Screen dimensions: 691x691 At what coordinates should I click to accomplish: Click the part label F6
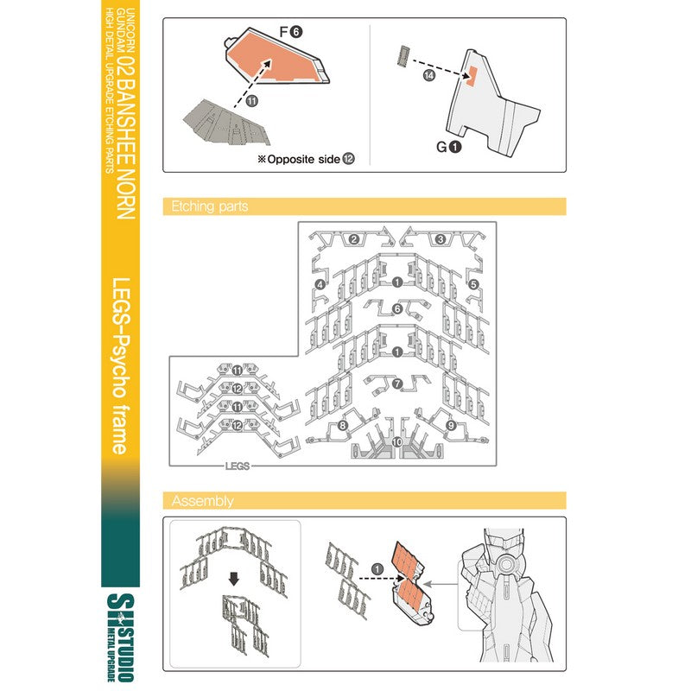tap(291, 32)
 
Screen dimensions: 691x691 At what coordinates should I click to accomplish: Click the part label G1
tap(448, 147)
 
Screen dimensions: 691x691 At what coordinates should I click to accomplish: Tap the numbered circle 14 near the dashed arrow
tap(428, 75)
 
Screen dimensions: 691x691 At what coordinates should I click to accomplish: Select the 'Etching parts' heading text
tap(209, 206)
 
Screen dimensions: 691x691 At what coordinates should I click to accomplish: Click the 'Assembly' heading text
tap(202, 501)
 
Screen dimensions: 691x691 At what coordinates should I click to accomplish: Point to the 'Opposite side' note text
tap(304, 159)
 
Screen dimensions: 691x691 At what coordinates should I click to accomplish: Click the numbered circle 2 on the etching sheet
tap(354, 239)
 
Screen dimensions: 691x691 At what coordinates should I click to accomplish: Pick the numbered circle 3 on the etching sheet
tap(441, 239)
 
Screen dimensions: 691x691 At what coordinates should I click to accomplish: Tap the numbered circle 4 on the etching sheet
tap(320, 285)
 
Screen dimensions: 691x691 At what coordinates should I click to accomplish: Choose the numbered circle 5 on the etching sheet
tap(473, 284)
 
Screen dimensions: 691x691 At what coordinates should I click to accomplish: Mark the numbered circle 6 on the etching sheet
tap(397, 309)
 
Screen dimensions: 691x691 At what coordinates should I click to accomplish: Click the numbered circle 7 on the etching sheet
tap(397, 384)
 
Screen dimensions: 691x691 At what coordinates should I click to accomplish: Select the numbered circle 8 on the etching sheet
tap(342, 425)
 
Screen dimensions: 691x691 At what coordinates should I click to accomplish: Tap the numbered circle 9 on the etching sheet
tap(450, 425)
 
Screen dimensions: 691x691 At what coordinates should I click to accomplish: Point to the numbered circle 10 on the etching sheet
tap(397, 441)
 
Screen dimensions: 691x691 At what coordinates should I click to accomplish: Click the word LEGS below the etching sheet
tap(237, 466)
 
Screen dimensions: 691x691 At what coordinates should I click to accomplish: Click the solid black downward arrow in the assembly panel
tap(234, 579)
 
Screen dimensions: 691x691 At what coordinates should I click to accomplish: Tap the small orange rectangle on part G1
tap(471, 75)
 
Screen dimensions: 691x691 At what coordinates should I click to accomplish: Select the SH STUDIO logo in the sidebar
tap(120, 637)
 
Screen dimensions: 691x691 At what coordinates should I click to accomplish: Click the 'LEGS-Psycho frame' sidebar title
tap(121, 365)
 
